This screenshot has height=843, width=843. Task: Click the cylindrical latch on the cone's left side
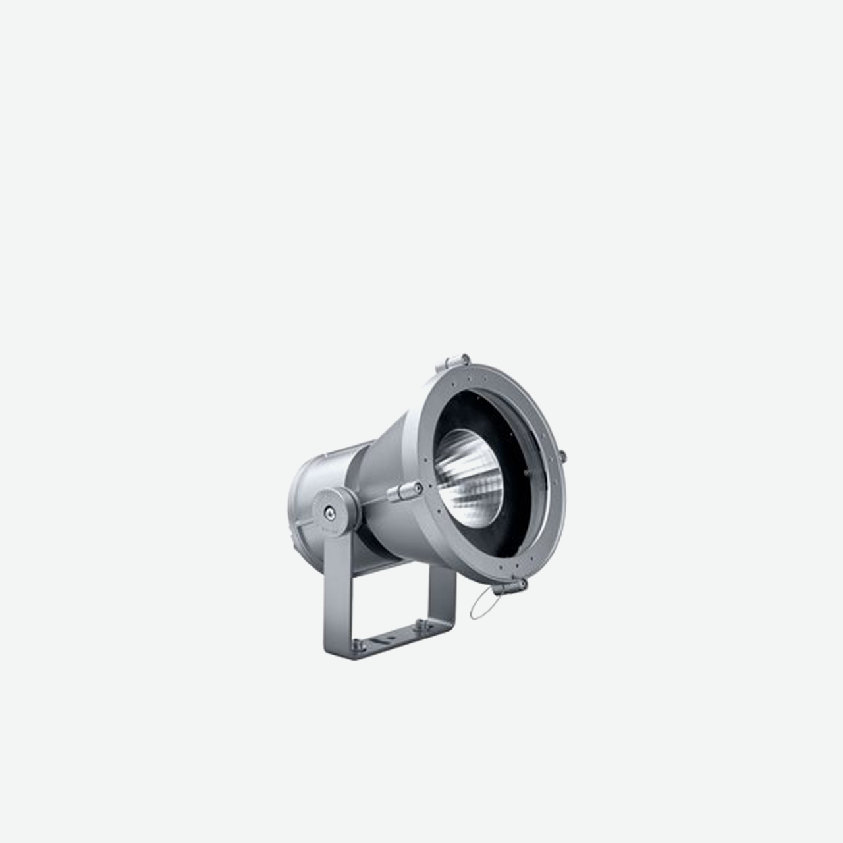(404, 491)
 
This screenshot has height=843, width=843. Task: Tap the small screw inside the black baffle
(525, 472)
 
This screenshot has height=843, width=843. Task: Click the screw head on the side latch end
(418, 488)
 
